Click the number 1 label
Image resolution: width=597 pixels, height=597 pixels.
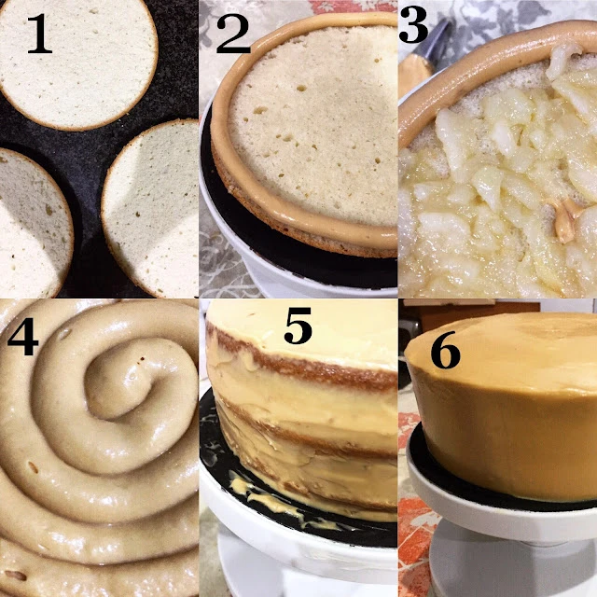(x=39, y=35)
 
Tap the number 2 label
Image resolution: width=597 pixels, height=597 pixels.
(x=233, y=34)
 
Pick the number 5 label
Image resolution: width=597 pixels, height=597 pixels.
(x=298, y=325)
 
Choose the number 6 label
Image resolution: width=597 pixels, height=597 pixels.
(x=446, y=350)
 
